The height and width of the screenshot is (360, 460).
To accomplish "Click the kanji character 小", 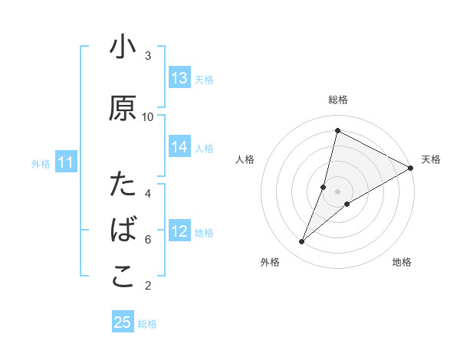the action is point(123,48).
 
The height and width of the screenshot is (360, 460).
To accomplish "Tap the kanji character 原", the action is point(123,109).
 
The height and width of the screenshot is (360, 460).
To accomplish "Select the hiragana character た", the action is point(123,185).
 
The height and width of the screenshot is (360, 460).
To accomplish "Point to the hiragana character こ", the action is point(123,277).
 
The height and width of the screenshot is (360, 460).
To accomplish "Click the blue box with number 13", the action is point(179,78).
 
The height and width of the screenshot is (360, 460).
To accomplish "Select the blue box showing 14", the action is point(179,148).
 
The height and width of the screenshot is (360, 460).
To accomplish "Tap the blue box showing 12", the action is point(179,232).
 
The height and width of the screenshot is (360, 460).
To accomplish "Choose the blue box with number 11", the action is point(66,162).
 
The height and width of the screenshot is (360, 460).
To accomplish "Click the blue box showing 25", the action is point(123,322).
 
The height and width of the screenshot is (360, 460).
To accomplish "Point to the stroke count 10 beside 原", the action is point(148,116).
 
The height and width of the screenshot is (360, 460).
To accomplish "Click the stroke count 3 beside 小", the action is point(148,56).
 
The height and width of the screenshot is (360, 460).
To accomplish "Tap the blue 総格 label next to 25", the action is point(147,324).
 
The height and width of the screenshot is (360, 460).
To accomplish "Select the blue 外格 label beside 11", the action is point(41,163).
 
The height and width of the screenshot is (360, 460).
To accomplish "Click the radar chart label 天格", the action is point(431,159).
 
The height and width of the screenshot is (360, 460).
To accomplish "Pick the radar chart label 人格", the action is point(245,159).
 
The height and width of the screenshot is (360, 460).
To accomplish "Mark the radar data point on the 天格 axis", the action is point(411,168).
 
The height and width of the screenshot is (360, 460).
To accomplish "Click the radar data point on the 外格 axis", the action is point(302,242).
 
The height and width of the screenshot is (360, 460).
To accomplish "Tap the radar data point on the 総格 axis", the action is point(337,131).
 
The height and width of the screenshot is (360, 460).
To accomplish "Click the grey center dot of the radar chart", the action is point(337,191).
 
